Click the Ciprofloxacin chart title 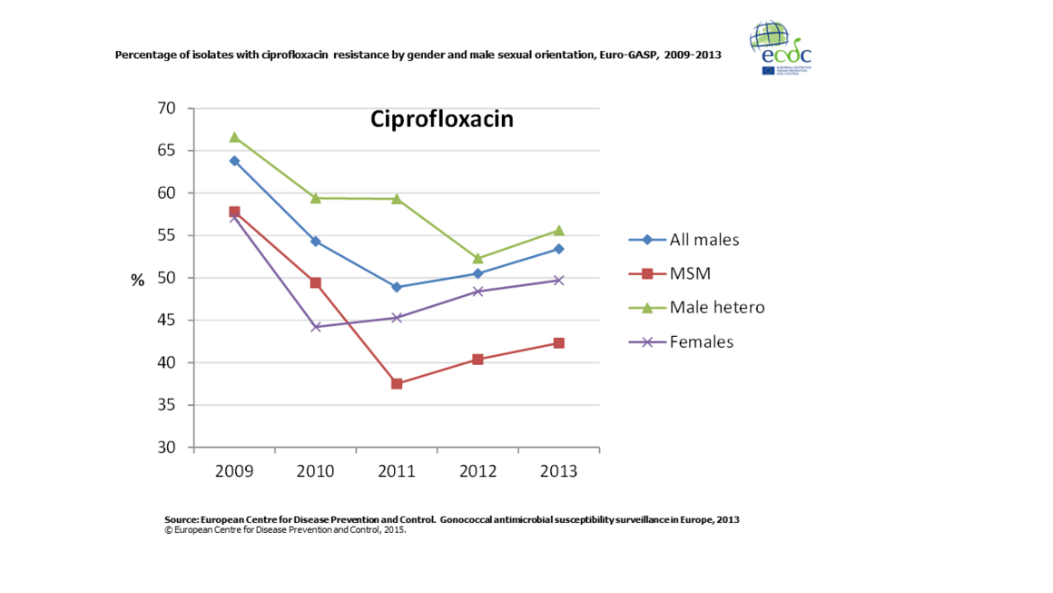tap(441, 120)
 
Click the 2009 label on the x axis tap(234, 472)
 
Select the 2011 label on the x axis tap(397, 472)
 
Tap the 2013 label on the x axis tap(558, 472)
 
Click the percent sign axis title tap(137, 281)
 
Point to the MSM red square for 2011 tap(397, 384)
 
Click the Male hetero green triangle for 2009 tap(234, 137)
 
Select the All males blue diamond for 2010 tap(316, 242)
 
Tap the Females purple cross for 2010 tap(316, 327)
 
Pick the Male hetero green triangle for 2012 tap(477, 258)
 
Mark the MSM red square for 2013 tap(558, 343)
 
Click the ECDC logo tap(781, 47)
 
